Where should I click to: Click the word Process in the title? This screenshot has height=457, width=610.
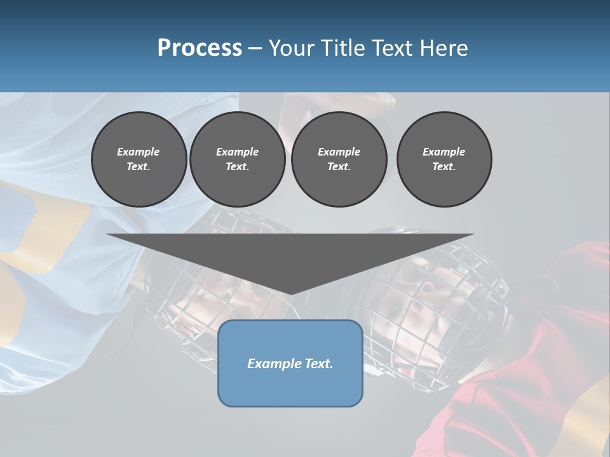200,48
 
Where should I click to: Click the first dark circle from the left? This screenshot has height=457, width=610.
139,159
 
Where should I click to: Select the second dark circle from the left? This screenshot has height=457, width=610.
237,159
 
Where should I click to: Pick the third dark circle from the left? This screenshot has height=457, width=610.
339,159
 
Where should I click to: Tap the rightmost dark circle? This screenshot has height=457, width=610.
444,159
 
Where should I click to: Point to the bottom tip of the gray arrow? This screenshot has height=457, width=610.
290,294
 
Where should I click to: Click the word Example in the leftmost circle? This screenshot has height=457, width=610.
139,152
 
